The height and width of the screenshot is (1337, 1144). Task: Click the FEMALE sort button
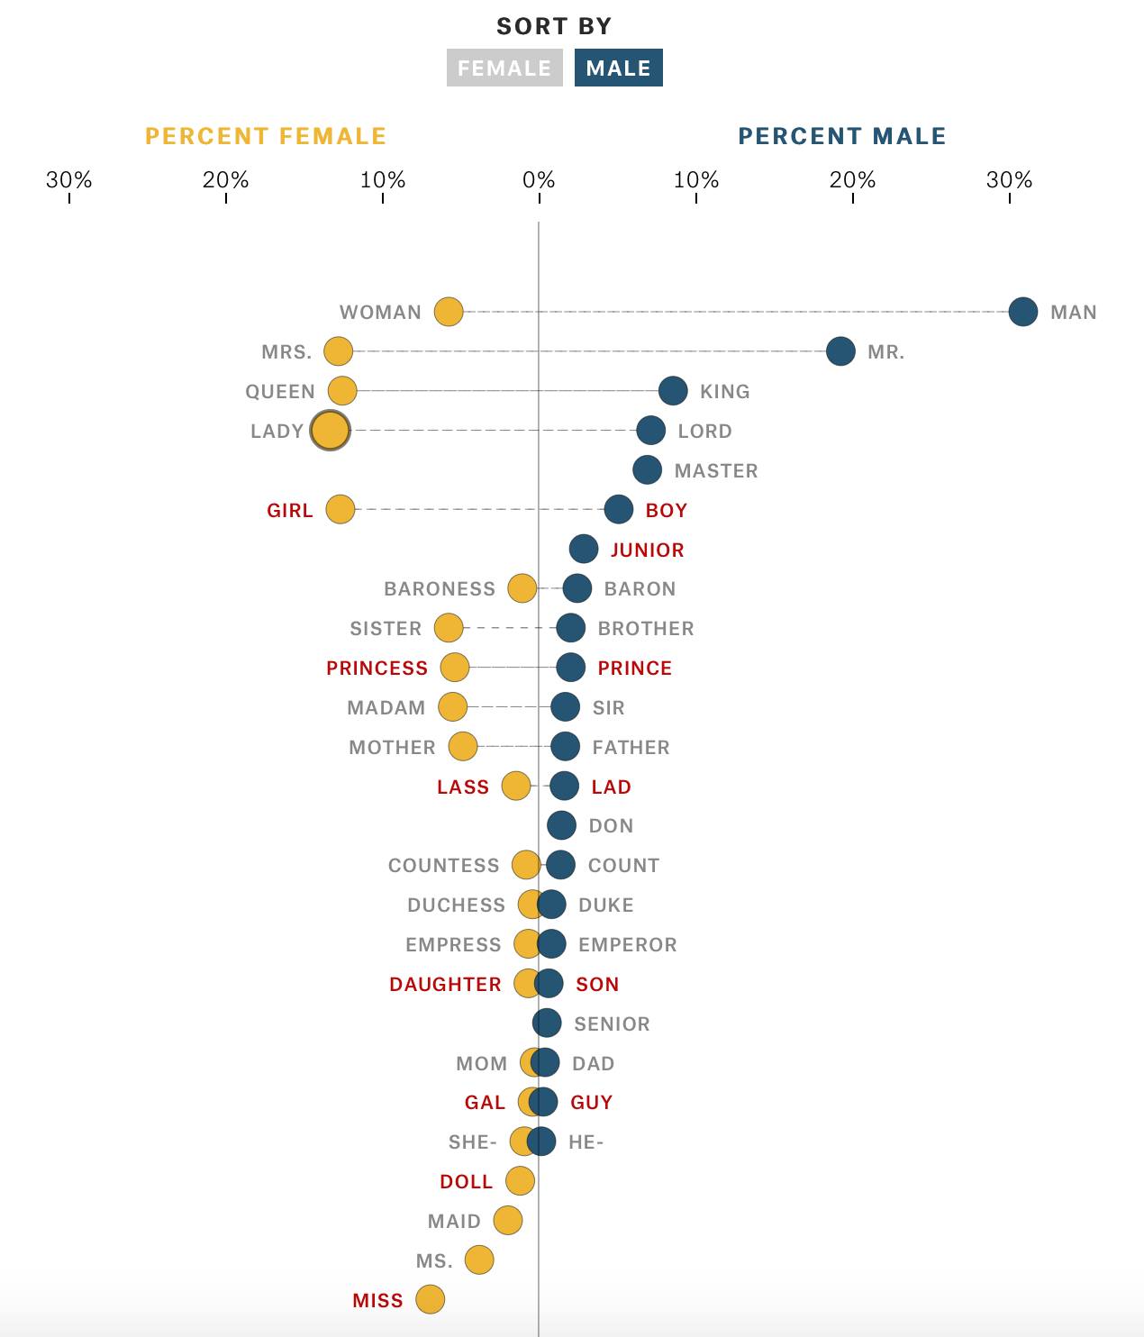click(504, 68)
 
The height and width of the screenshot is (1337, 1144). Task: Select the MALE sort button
click(618, 68)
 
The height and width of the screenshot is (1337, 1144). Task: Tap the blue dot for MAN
click(1022, 312)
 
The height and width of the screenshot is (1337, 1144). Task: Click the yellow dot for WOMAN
click(449, 312)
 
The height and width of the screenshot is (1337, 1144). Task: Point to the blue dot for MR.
click(840, 351)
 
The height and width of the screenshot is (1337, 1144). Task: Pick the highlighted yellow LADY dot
click(330, 431)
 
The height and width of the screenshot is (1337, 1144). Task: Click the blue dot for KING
click(673, 391)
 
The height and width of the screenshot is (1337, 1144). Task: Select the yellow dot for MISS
click(431, 1300)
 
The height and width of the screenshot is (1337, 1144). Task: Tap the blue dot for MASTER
click(647, 469)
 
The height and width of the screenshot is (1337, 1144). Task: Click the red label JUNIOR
click(647, 550)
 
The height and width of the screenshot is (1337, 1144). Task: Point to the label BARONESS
click(440, 589)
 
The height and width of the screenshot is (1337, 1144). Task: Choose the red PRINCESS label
click(377, 668)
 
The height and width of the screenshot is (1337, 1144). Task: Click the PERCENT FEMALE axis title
click(266, 136)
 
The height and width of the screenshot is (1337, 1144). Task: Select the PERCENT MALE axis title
click(842, 136)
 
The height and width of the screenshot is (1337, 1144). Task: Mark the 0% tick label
click(539, 180)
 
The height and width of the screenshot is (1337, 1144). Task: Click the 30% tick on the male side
click(1009, 180)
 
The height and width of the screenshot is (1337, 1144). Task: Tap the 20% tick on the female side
click(225, 180)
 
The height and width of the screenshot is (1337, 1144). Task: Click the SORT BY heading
click(554, 27)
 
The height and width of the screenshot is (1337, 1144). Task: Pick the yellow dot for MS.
click(479, 1260)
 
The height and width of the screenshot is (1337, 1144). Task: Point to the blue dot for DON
click(561, 825)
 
